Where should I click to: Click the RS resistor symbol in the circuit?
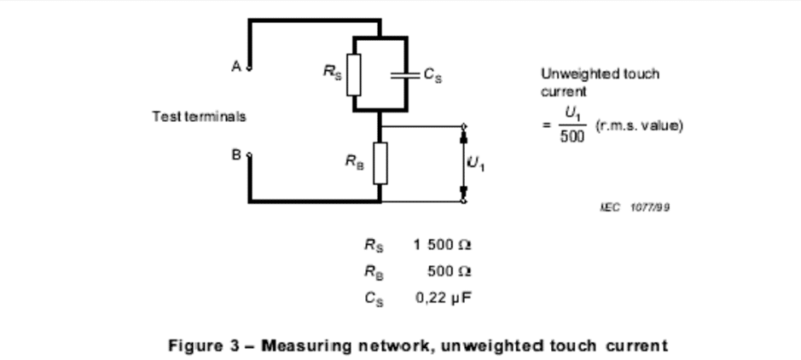353,74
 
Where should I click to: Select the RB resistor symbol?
380,163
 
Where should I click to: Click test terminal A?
249,68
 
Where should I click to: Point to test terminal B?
249,154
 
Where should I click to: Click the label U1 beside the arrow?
476,164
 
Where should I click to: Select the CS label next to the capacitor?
432,76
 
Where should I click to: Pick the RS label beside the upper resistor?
332,72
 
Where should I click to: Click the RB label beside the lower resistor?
355,162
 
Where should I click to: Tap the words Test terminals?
200,116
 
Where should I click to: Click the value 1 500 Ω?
443,245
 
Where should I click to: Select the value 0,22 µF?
443,298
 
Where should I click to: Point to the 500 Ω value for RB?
449,271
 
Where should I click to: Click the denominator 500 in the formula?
572,136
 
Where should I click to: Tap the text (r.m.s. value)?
639,125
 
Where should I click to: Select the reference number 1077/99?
650,207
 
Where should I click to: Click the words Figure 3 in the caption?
204,345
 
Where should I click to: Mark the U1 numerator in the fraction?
572,113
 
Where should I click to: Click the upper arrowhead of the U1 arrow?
464,136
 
